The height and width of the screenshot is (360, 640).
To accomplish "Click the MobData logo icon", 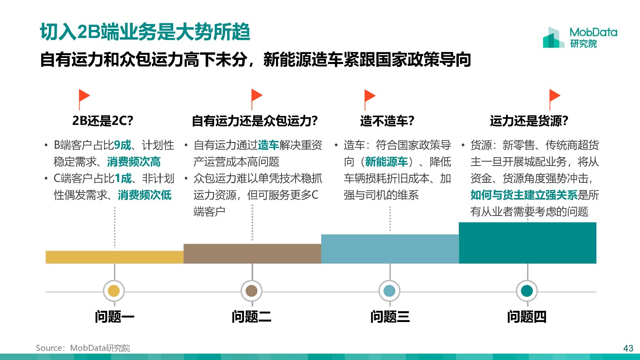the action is (554, 38).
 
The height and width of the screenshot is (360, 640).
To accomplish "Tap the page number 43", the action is (628, 348).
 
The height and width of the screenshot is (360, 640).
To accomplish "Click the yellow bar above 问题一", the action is (114, 257).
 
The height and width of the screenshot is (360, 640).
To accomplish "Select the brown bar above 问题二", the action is (252, 254).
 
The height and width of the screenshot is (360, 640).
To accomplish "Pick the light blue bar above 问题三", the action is (390, 249).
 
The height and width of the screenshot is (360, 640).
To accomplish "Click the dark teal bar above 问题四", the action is (528, 243).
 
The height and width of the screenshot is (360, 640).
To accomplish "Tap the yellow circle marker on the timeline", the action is (114, 291).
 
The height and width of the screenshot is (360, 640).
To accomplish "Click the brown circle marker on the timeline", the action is (252, 291).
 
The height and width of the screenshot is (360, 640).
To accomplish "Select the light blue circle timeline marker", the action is (389, 291).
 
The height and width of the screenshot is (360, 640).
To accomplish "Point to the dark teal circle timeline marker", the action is (527, 291).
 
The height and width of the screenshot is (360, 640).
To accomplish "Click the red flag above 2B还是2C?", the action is (84, 100).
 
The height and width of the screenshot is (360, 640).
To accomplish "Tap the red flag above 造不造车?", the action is (370, 100).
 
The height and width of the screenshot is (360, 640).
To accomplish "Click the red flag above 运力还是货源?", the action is (555, 100).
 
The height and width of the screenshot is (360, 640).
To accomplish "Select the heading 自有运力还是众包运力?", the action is (255, 121).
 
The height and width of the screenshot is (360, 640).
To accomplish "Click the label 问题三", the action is (390, 317).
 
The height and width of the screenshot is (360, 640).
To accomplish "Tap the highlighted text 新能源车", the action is (386, 162).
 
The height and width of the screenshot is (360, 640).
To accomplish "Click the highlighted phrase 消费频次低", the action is (144, 195).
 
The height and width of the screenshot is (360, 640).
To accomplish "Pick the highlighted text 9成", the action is (122, 145).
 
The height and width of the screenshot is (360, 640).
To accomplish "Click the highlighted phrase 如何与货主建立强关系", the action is (524, 195).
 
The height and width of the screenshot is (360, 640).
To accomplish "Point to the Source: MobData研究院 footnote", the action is (83, 348).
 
